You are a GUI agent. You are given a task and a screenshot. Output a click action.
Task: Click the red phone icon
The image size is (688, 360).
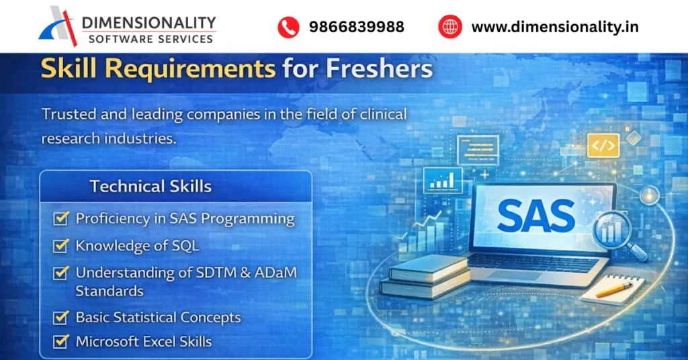tap(288, 27)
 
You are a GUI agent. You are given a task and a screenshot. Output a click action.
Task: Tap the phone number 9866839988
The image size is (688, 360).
tap(356, 27)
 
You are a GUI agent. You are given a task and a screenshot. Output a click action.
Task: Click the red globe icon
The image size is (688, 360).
tap(450, 27)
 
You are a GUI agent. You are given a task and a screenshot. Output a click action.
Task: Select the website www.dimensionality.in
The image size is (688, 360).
tap(555, 27)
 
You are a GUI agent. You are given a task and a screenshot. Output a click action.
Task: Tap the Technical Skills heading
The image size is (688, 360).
tap(150, 186)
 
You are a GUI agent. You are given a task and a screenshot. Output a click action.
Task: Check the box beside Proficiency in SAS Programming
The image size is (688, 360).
tap(61, 219)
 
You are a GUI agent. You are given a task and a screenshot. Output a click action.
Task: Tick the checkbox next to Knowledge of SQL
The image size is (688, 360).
tap(61, 246)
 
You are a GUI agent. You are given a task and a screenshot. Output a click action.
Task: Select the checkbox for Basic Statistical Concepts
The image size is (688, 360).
tap(61, 317)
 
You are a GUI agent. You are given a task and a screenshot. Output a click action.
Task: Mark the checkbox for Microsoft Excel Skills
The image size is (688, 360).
tap(61, 341)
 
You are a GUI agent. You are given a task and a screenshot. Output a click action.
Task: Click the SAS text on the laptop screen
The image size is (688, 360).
tap(536, 216)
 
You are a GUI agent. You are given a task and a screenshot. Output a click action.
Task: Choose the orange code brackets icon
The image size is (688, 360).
tap(603, 145)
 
